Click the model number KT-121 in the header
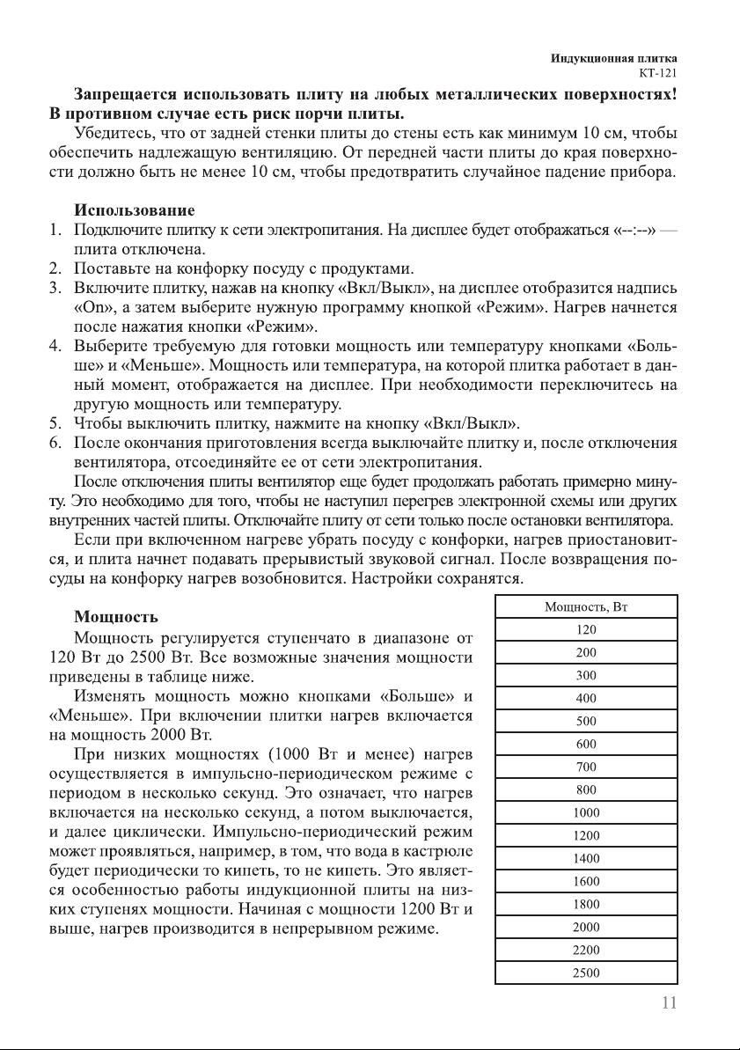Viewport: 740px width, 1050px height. tap(656, 72)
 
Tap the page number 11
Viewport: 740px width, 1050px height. tap(668, 1002)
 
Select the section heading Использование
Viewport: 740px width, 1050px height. tap(135, 211)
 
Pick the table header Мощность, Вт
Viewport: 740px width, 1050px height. tap(586, 607)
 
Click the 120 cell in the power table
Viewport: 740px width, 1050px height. tap(586, 630)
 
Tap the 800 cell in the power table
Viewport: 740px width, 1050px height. tap(586, 789)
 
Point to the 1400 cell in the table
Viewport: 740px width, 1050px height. tap(586, 858)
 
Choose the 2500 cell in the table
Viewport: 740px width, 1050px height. tap(586, 973)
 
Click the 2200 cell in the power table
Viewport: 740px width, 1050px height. tap(586, 950)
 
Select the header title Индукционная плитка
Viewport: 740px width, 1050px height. tap(613, 58)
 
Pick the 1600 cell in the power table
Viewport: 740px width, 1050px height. tap(586, 881)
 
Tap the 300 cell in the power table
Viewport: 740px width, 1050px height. tap(586, 676)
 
